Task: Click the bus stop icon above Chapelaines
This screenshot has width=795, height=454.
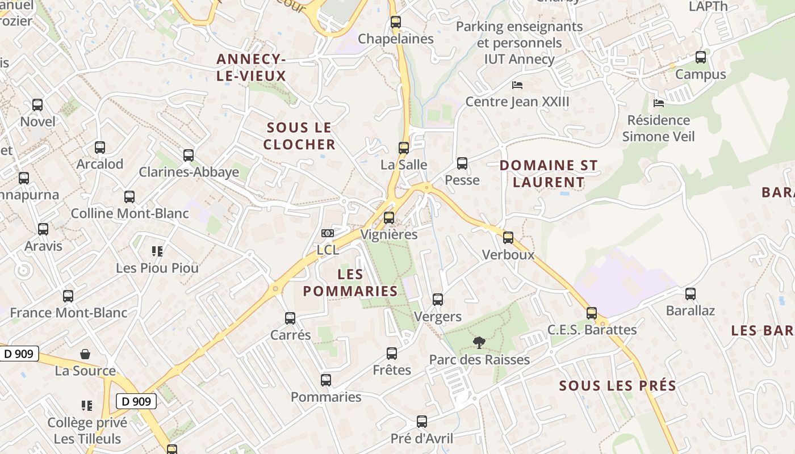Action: point(396,22)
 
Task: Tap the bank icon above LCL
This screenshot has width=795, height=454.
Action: point(328,233)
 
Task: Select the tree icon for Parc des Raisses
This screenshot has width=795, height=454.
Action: point(479,342)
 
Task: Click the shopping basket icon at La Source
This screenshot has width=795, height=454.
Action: point(85,354)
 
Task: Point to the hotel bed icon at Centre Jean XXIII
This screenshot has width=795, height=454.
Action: point(517,85)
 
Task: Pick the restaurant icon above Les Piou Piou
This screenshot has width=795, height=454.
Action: point(157,251)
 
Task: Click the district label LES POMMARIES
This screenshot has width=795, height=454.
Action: point(350,283)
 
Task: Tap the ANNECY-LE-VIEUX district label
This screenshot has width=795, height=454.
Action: point(250,67)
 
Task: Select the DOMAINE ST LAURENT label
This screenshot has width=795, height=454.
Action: point(549,174)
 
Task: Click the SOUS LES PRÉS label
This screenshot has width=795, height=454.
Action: point(618,386)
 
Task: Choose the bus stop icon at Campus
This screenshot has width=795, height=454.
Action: point(701,57)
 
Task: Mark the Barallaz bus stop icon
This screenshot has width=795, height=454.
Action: point(691,294)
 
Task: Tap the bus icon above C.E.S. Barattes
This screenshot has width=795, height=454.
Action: point(592,313)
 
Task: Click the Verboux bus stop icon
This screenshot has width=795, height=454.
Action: point(508,238)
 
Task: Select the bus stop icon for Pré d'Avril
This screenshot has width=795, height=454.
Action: point(422,422)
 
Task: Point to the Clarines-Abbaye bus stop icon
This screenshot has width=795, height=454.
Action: point(189,155)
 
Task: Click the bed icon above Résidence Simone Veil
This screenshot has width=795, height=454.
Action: point(659,103)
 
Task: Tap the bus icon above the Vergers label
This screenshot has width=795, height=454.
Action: point(438,300)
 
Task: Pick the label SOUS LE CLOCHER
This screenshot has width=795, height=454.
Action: point(299,136)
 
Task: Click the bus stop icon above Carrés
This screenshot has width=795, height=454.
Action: point(290,318)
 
